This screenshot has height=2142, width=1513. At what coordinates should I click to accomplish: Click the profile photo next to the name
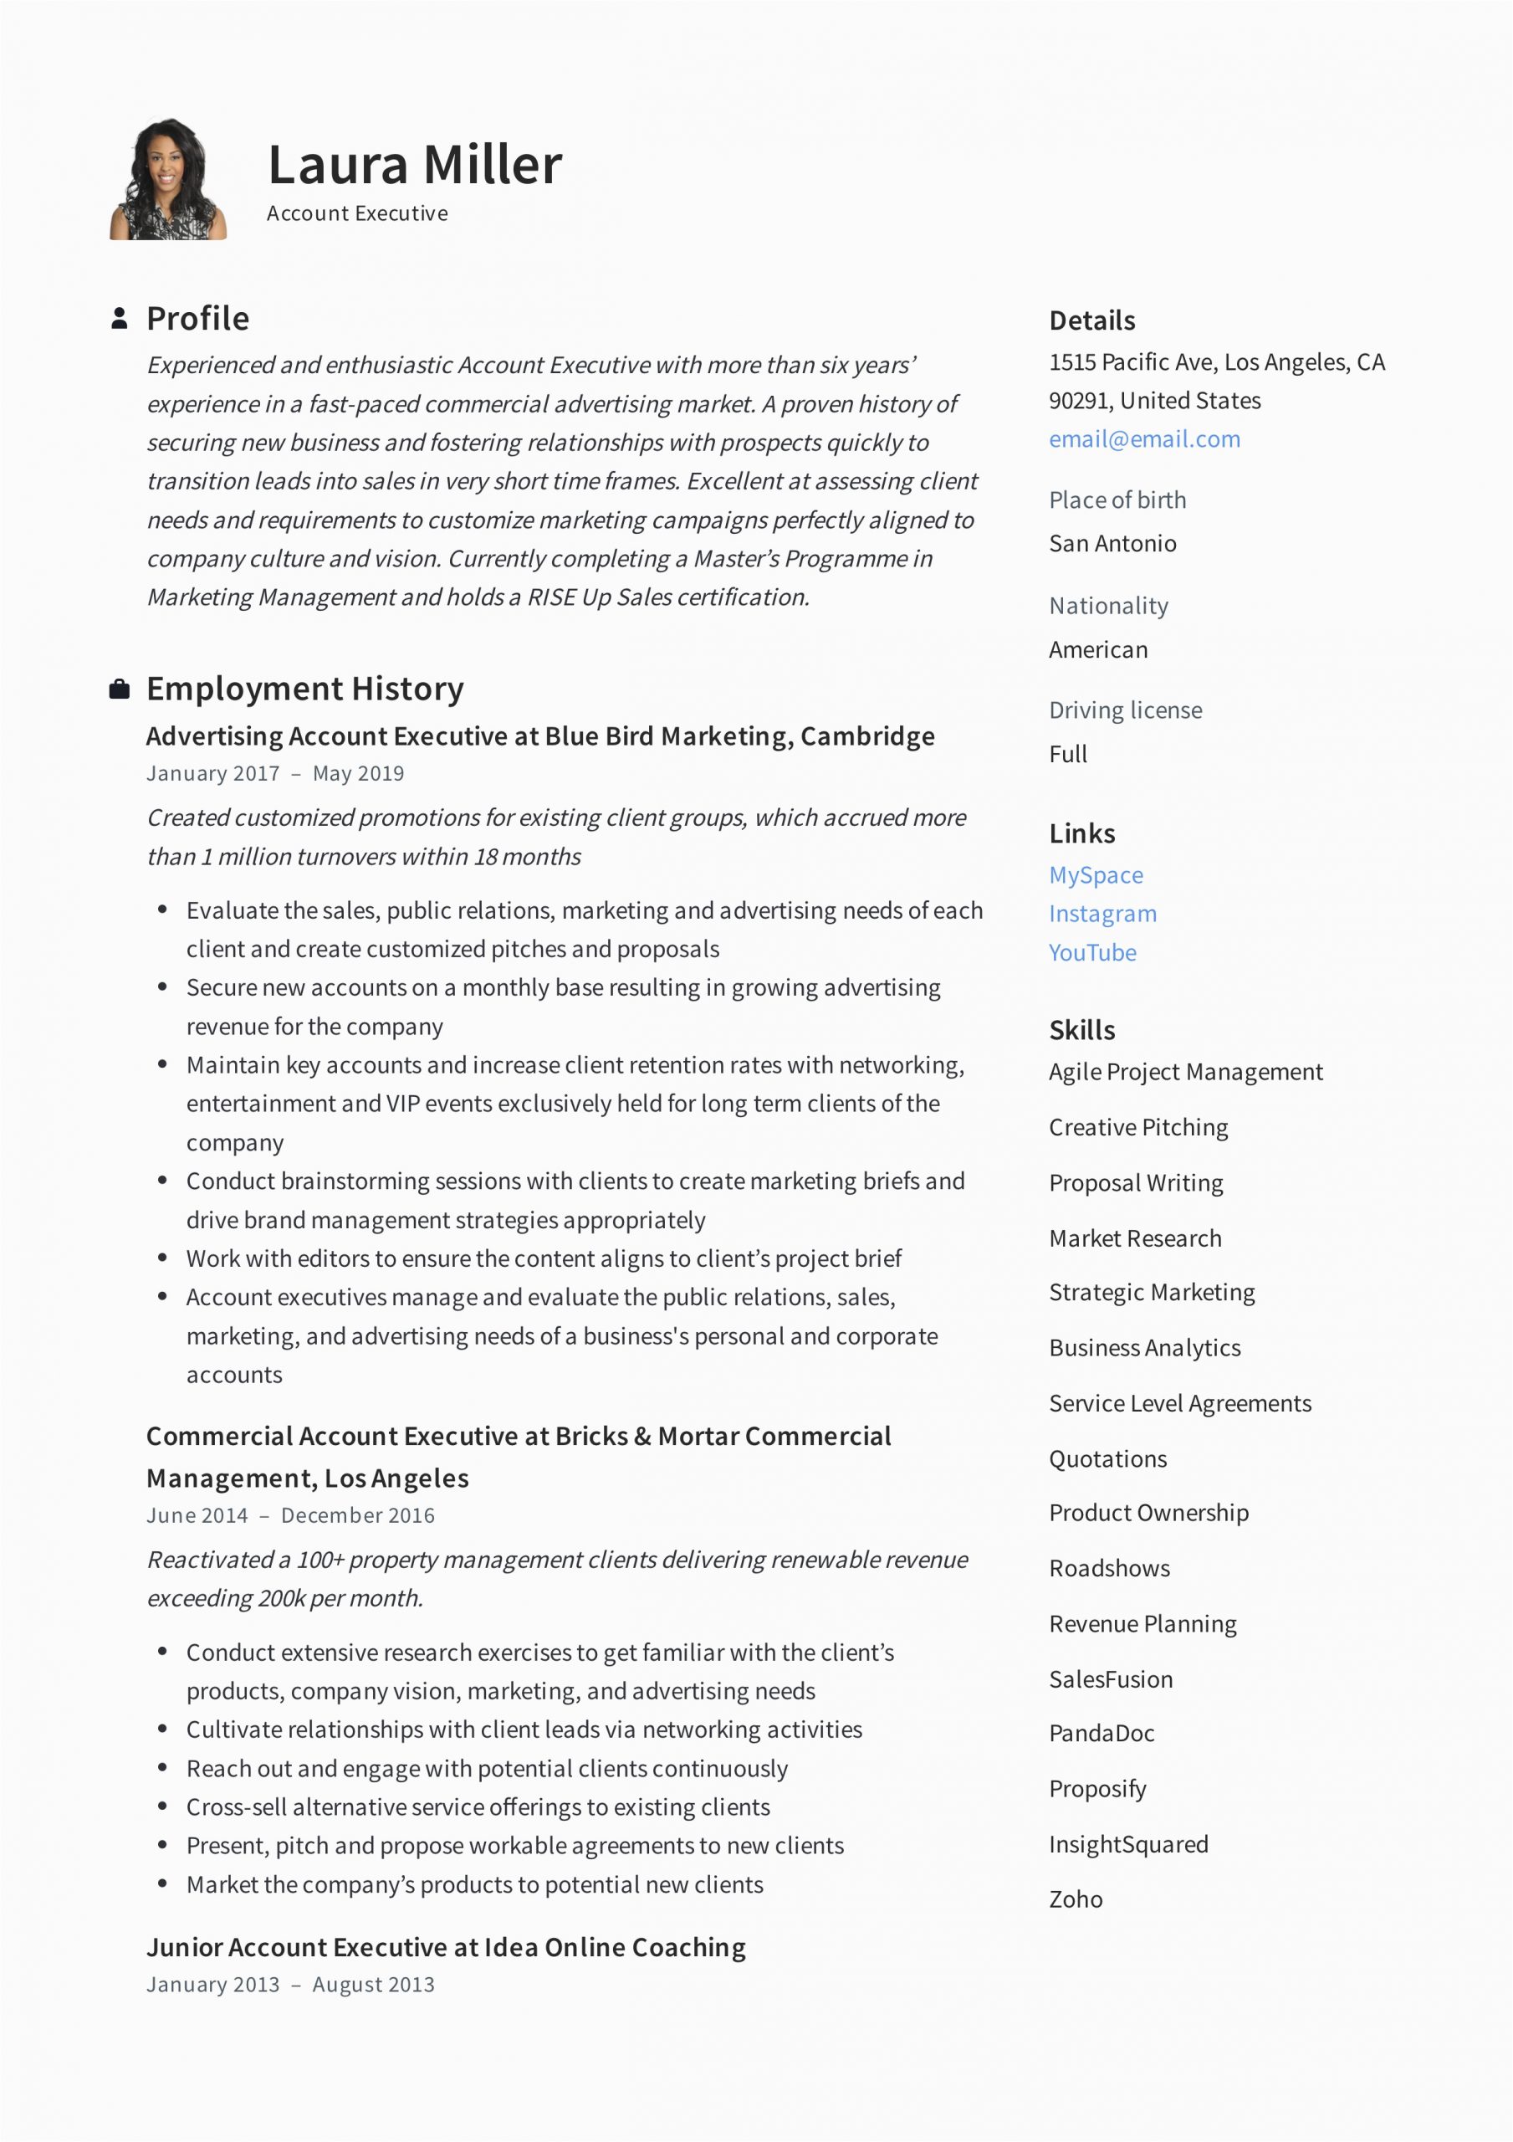click(169, 179)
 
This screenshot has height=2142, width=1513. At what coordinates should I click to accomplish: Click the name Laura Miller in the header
click(415, 164)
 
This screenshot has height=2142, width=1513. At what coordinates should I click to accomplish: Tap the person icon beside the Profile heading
click(120, 318)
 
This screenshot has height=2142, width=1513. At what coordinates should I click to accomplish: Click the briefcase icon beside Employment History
click(120, 689)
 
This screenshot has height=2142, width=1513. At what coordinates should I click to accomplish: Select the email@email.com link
click(1144, 439)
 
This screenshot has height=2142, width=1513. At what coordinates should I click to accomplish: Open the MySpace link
click(1096, 875)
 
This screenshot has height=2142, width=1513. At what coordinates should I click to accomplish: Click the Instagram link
click(1102, 915)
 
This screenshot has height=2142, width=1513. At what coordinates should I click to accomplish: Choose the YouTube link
click(1092, 952)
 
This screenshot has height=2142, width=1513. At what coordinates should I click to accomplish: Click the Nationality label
click(1108, 607)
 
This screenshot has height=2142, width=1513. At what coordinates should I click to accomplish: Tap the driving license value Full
click(1068, 754)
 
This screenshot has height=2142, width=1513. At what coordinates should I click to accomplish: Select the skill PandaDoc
click(1102, 1734)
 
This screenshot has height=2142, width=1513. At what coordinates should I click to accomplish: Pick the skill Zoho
click(1076, 1899)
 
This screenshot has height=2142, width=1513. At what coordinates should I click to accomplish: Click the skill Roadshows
click(1109, 1568)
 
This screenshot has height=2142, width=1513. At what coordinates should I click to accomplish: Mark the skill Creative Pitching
click(1138, 1127)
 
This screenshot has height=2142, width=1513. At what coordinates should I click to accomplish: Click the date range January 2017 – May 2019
click(275, 773)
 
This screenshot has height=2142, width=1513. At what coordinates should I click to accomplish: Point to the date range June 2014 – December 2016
click(290, 1515)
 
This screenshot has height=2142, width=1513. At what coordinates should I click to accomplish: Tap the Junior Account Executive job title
click(446, 1947)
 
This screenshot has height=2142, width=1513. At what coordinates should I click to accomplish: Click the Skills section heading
click(1082, 1030)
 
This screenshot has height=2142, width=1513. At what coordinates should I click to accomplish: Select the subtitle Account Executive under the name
click(357, 213)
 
